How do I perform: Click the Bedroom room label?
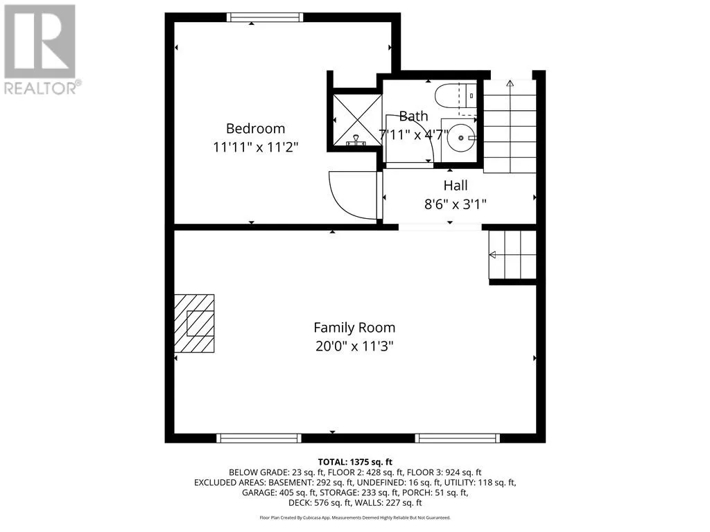tap(255, 128)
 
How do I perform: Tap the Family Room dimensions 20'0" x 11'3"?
tap(354, 346)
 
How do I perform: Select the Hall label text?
tap(456, 186)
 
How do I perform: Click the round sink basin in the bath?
tap(461, 138)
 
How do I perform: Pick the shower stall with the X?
tap(358, 120)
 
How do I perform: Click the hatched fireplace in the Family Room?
tap(194, 323)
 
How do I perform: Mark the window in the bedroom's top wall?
tap(265, 17)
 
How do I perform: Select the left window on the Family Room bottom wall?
tap(259, 438)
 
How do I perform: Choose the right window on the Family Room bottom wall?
tap(458, 438)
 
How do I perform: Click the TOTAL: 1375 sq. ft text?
tap(355, 462)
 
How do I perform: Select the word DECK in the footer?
tap(300, 503)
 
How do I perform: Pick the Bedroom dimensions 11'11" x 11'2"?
tap(256, 147)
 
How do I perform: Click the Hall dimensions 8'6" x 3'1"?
tap(456, 204)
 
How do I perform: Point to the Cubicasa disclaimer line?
tap(355, 517)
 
